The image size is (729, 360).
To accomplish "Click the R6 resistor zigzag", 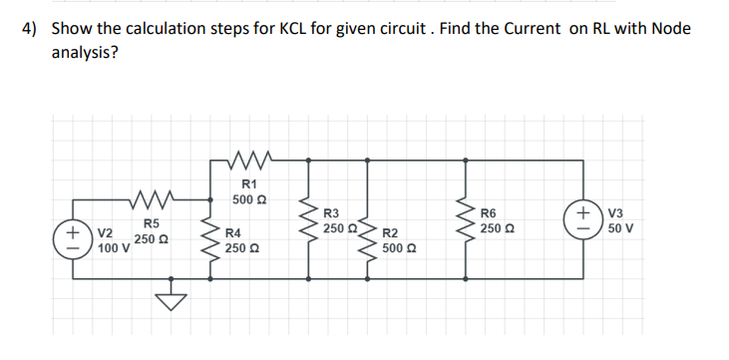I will click(466, 221).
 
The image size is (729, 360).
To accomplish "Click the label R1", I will click(249, 183).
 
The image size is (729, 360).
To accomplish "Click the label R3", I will click(332, 213).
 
